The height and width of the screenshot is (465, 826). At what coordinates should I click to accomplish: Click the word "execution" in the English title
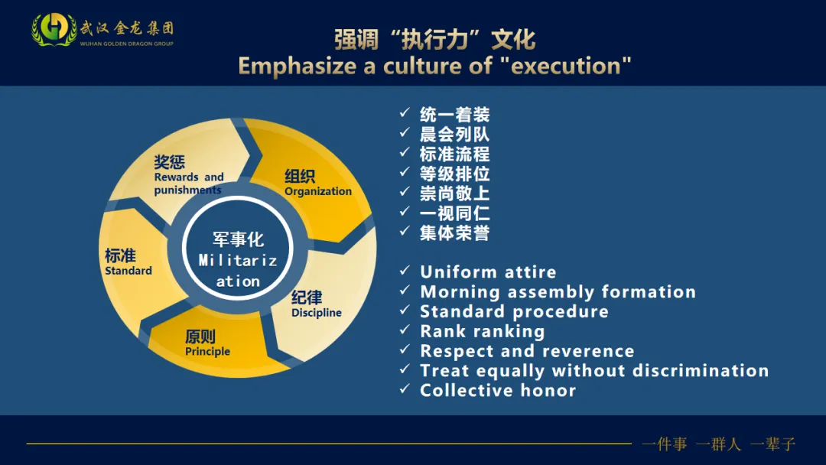[571, 66]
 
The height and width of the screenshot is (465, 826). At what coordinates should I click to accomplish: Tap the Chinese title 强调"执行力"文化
[434, 40]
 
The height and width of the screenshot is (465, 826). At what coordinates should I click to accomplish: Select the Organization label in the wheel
[317, 183]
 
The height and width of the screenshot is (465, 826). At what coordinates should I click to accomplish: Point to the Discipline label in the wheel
[316, 304]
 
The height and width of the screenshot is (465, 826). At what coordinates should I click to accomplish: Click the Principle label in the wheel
[207, 343]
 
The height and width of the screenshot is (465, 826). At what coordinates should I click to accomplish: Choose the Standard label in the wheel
[128, 262]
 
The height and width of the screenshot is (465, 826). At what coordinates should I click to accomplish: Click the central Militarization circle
[238, 260]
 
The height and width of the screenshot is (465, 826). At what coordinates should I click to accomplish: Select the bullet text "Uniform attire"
[488, 272]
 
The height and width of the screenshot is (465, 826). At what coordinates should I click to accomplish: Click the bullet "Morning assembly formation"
[558, 292]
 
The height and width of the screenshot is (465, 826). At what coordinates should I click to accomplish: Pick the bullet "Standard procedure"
[514, 312]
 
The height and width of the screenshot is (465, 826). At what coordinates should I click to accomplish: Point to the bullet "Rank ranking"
[482, 332]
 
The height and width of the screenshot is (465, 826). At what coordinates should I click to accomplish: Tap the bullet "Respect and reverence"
[527, 352]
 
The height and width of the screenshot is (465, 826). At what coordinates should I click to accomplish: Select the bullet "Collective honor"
[497, 391]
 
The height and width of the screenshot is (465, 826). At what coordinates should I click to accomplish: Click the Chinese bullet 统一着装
[454, 115]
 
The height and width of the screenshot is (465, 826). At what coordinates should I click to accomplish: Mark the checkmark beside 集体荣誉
[405, 232]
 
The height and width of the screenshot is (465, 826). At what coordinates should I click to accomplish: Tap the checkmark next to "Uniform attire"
[405, 272]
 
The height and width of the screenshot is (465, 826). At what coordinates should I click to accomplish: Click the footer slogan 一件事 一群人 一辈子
[719, 444]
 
